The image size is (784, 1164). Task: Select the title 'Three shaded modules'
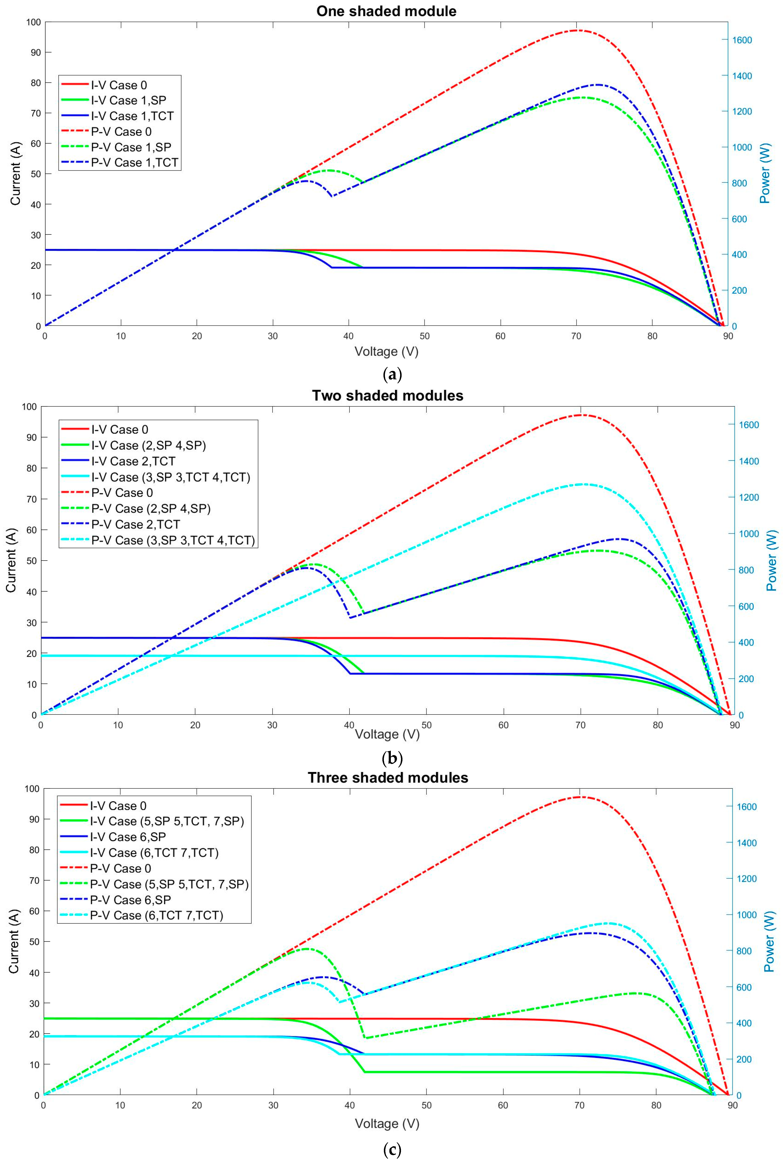(388, 777)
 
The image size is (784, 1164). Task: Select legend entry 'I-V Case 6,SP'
(128, 836)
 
